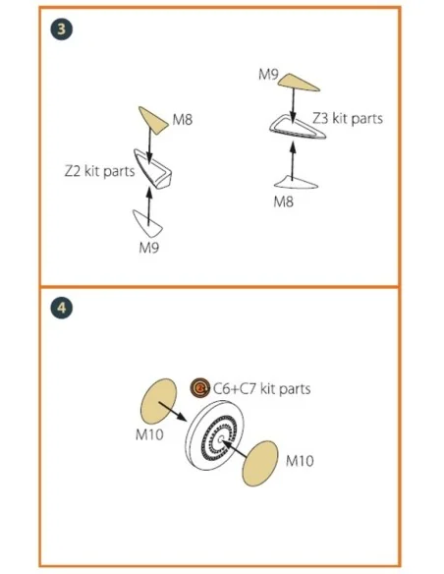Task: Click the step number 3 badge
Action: point(62,29)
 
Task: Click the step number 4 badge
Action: point(62,308)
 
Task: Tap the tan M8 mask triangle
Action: point(152,120)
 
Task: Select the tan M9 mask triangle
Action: point(297,82)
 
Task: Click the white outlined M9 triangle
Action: point(148,223)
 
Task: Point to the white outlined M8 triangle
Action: point(297,182)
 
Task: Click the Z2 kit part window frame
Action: point(153,169)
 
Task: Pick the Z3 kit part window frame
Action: point(298,128)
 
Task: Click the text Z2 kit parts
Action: point(99,171)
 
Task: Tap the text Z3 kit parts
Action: point(348,118)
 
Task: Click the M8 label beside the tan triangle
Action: point(182,120)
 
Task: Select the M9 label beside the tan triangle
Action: point(268,75)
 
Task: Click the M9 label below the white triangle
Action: point(149,248)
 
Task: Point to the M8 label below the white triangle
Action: point(284,201)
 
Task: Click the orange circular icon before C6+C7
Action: point(200,387)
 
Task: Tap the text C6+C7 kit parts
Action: point(262,389)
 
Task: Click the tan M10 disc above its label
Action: point(158,402)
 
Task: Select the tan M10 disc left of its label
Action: point(260,464)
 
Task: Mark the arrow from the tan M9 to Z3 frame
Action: point(293,104)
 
